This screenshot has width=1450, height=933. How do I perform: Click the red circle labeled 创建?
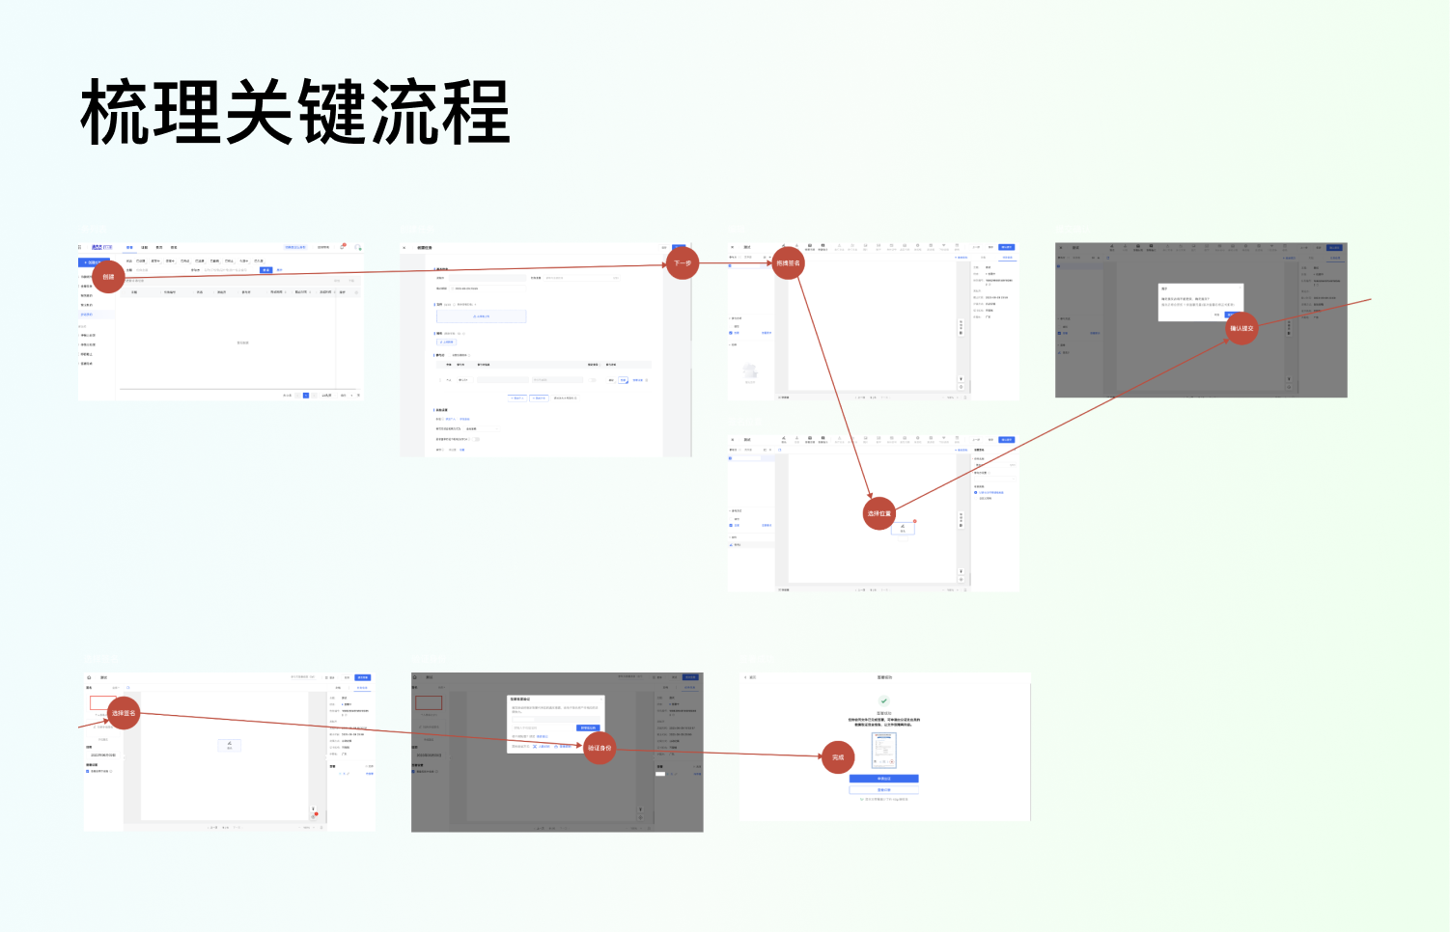pos(108,277)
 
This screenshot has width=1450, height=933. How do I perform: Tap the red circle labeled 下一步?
pos(683,263)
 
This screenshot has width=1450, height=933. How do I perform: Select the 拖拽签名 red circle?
pos(788,262)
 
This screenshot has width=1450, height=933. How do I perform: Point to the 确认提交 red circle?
pos(1241,328)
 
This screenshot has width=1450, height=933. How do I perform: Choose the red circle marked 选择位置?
pos(878,513)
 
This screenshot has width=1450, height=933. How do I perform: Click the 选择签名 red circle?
pos(124,713)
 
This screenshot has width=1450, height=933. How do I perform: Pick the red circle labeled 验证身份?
pos(600,748)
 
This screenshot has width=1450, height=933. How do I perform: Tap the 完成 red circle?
pos(838,757)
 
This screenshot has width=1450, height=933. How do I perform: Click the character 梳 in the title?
pos(114,113)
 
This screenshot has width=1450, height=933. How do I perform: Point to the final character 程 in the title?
pos(475,113)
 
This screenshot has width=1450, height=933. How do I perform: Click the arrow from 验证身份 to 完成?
pos(719,753)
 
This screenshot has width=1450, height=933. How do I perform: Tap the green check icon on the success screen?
pos(884,701)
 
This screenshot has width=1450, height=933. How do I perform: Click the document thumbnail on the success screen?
pos(884,751)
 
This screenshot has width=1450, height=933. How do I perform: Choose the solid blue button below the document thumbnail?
pos(884,779)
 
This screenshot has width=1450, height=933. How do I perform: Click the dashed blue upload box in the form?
pos(481,316)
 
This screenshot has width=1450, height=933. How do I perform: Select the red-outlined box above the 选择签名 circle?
pos(103,702)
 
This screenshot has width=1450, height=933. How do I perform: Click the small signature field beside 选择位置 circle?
pos(904,528)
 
